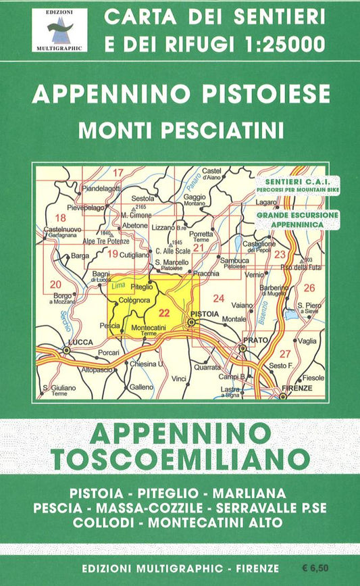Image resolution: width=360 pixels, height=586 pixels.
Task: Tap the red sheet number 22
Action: (x=163, y=312)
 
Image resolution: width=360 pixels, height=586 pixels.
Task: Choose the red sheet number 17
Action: (x=118, y=172)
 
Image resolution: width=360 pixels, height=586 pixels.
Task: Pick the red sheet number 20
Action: (x=55, y=284)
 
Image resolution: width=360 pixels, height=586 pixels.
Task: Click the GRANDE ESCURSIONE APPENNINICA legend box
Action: (x=297, y=219)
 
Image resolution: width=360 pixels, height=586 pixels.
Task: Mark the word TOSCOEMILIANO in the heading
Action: (x=180, y=460)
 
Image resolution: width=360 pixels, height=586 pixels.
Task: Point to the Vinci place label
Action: (x=179, y=379)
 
